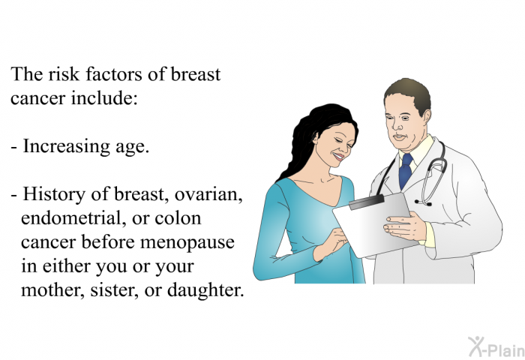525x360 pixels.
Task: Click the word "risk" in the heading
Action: (64, 74)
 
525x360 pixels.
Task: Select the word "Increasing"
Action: (66, 147)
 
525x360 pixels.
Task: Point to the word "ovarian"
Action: (208, 195)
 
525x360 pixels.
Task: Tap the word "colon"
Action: (178, 218)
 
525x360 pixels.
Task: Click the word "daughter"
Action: (205, 290)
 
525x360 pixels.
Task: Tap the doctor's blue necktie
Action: (406, 171)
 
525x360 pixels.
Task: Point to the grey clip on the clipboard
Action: (366, 202)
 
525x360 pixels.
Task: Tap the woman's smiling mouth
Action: (338, 157)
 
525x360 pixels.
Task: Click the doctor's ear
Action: (426, 118)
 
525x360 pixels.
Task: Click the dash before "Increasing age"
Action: (13, 148)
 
